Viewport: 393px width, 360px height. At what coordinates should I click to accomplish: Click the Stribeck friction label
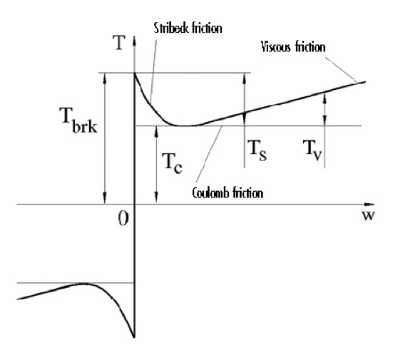(x=188, y=29)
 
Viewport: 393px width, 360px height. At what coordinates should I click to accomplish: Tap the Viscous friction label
(x=293, y=47)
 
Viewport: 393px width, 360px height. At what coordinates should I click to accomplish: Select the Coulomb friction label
(x=228, y=193)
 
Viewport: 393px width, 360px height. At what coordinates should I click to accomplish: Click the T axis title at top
(x=119, y=43)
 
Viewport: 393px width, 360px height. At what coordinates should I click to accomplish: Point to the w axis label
(x=368, y=215)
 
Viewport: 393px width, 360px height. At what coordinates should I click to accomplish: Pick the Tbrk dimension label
(x=78, y=120)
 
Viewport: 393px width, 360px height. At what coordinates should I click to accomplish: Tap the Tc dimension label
(x=173, y=163)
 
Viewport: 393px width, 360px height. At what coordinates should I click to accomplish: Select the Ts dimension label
(x=257, y=150)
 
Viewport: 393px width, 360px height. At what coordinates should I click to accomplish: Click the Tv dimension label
(x=312, y=150)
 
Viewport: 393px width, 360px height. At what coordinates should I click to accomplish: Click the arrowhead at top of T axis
(x=135, y=41)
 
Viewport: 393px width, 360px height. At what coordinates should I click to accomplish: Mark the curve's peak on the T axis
(x=135, y=73)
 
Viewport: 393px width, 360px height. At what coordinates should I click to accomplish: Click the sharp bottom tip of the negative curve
(x=134, y=337)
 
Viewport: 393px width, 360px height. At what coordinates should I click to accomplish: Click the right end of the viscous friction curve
(x=365, y=82)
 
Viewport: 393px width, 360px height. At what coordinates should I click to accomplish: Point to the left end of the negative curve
(x=17, y=299)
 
